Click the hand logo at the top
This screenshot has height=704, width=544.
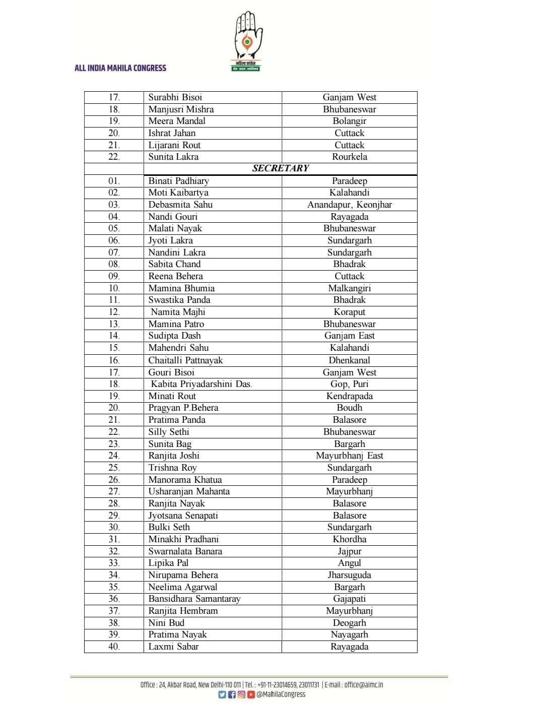click(x=246, y=41)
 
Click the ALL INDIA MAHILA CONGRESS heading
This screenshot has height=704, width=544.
click(x=120, y=68)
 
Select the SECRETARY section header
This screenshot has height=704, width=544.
click(x=281, y=168)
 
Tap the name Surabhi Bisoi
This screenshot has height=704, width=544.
click(x=175, y=97)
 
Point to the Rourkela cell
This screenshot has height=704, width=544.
click(x=350, y=157)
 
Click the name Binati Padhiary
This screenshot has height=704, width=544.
click(x=178, y=181)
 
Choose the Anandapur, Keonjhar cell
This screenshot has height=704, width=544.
click(x=350, y=205)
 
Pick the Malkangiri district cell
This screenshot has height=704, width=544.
click(x=350, y=288)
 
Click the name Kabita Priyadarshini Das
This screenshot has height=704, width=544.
click(x=201, y=384)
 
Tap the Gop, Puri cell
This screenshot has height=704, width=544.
click(x=350, y=384)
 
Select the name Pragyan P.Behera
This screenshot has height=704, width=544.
click(x=183, y=408)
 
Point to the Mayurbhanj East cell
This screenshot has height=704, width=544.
click(x=350, y=456)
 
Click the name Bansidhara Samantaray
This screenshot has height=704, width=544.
click(x=194, y=599)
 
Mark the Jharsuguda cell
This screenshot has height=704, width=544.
click(x=350, y=575)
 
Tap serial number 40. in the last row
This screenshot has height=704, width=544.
click(x=114, y=647)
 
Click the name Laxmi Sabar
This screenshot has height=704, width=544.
click(x=173, y=647)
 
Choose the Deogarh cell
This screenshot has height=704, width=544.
click(x=350, y=623)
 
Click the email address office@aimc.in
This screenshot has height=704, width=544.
click(x=364, y=685)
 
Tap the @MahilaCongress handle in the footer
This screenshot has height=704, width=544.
click(x=281, y=694)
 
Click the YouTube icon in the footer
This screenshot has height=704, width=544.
click(x=251, y=694)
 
